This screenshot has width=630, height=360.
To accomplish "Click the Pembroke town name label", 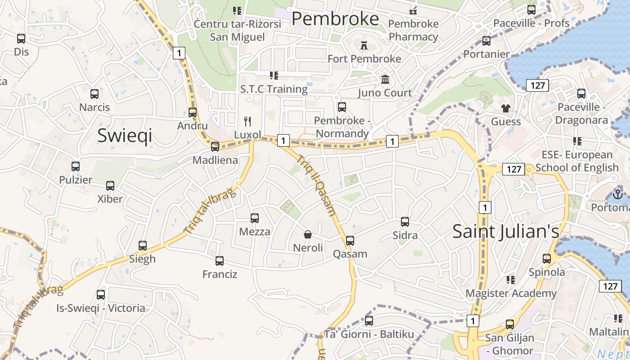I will (335, 19).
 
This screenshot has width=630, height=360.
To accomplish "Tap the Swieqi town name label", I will (125, 135).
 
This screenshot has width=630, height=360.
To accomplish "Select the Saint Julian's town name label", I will (505, 231).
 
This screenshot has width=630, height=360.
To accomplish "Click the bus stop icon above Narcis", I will (94, 94).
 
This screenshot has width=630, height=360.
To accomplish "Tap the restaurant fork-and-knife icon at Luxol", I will (247, 121).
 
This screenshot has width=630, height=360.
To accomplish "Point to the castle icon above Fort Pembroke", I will (364, 45).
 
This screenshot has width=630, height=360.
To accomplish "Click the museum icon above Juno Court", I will (385, 80).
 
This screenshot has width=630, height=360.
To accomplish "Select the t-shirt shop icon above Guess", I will (506, 108).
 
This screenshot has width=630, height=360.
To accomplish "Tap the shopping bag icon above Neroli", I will (308, 234).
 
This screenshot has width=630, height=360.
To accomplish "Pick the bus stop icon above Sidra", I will (405, 221).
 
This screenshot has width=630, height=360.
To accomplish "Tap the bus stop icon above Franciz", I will (220, 261).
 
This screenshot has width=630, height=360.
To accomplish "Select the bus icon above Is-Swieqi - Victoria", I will (101, 295).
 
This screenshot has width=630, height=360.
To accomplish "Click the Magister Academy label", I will (511, 293).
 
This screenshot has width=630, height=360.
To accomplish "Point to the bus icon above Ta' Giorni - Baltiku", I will (369, 320).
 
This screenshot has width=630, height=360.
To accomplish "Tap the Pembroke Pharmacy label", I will (413, 30).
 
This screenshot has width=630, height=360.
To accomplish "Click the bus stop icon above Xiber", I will (110, 185).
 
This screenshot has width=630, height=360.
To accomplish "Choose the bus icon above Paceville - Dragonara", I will (581, 94).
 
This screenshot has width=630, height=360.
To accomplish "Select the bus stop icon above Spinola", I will (547, 259).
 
